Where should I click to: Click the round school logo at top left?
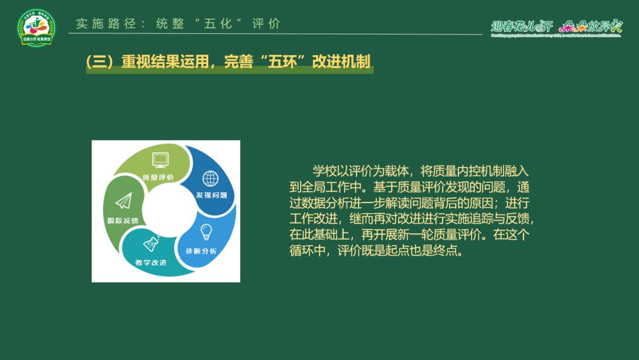click(36, 28)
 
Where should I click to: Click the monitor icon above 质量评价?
click(160, 159)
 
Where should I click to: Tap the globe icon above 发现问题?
click(210, 178)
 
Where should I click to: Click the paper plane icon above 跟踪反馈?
click(123, 202)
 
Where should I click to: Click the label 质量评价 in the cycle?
click(158, 177)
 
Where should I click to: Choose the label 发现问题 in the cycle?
click(211, 195)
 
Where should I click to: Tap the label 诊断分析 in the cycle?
click(201, 250)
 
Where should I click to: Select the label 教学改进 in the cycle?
click(150, 262)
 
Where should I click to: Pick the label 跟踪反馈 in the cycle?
click(122, 221)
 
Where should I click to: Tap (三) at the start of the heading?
click(99, 62)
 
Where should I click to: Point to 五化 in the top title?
click(215, 24)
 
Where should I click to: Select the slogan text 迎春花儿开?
click(521, 26)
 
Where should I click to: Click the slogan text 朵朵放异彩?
click(590, 26)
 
